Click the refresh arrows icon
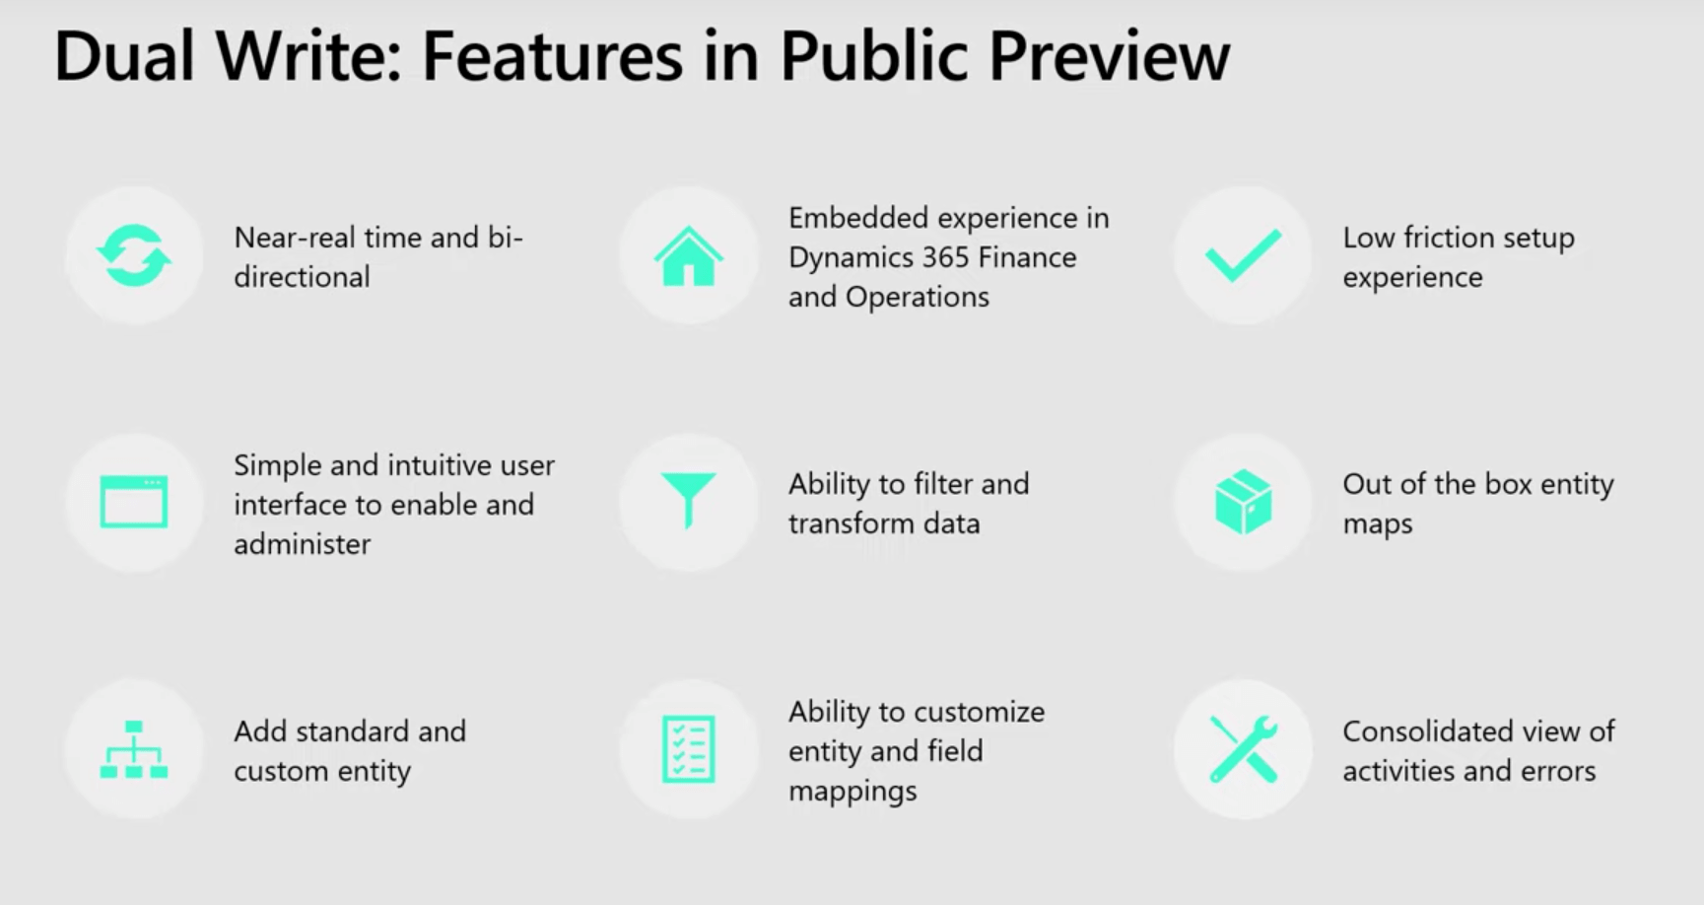click(134, 255)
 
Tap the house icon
click(688, 256)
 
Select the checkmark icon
click(1243, 255)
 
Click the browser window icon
click(134, 502)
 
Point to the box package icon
click(1243, 502)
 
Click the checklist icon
click(688, 749)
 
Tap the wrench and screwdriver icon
click(1243, 749)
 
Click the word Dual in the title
click(123, 56)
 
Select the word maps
click(1377, 524)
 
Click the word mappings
click(852, 792)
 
